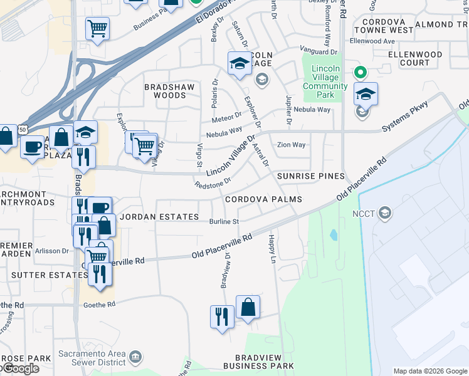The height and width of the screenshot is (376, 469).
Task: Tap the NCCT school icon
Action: click(x=385, y=212)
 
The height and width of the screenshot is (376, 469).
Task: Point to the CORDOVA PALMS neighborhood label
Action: click(x=263, y=199)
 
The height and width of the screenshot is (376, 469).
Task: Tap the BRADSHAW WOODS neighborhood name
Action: click(x=165, y=91)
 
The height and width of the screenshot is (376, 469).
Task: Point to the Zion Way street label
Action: click(x=292, y=145)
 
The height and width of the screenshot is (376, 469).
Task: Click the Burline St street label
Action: click(x=224, y=221)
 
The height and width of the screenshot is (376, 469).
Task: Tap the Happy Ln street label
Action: click(x=272, y=249)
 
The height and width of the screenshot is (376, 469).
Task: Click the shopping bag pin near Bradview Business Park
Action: click(x=248, y=307)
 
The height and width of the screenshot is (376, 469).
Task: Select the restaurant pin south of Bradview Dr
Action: click(x=222, y=315)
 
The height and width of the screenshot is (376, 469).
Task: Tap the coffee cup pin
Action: click(x=32, y=147)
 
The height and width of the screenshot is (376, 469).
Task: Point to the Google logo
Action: click(x=20, y=368)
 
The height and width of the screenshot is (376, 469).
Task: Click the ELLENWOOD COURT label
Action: click(x=414, y=59)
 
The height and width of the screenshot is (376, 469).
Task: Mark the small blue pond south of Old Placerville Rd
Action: click(x=333, y=236)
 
